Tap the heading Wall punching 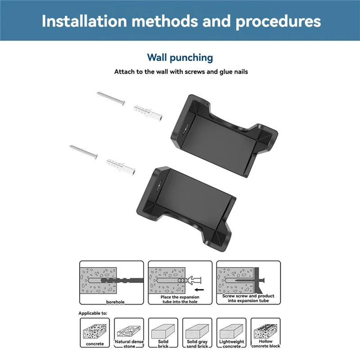pyautogui.click(x=180, y=58)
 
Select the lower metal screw pyautogui.click(x=84, y=152)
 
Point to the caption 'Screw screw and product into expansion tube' pyautogui.click(x=248, y=299)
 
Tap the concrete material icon pyautogui.click(x=94, y=333)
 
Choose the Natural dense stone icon pyautogui.click(x=129, y=333)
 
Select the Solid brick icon pyautogui.click(x=163, y=333)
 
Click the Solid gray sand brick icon pyautogui.click(x=197, y=333)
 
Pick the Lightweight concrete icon pyautogui.click(x=232, y=333)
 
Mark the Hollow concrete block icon pyautogui.click(x=266, y=333)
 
